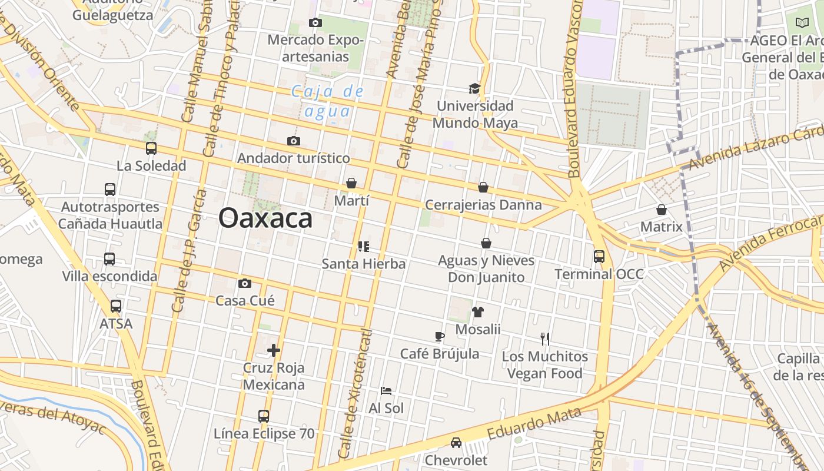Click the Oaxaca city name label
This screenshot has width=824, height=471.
pos(265,218)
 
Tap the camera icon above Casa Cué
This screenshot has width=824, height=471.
pos(245,283)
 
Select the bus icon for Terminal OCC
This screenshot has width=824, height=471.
pos(599,257)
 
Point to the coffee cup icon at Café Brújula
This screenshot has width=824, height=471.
pos(439,337)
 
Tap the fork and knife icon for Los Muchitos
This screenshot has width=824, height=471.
pos(545,339)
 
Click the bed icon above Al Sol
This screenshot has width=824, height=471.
pos(386,391)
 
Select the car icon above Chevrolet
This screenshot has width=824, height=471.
pos(456,443)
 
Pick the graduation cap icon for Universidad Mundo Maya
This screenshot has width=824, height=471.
pos(475,88)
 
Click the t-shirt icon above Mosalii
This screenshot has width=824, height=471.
pos(477,312)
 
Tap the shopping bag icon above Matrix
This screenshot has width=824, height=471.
pos(662,210)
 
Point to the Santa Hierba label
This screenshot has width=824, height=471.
pos(364,264)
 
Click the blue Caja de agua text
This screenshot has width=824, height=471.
pos(328,101)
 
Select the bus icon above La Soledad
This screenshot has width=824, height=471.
pos(151,148)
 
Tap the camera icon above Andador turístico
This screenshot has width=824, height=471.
pos(294,141)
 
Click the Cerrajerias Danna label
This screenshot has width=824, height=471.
pos(483,205)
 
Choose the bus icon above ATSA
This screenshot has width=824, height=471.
pos(116,306)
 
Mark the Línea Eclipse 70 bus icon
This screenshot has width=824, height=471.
pos(264,416)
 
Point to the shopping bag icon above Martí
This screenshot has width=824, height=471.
pos(351,183)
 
